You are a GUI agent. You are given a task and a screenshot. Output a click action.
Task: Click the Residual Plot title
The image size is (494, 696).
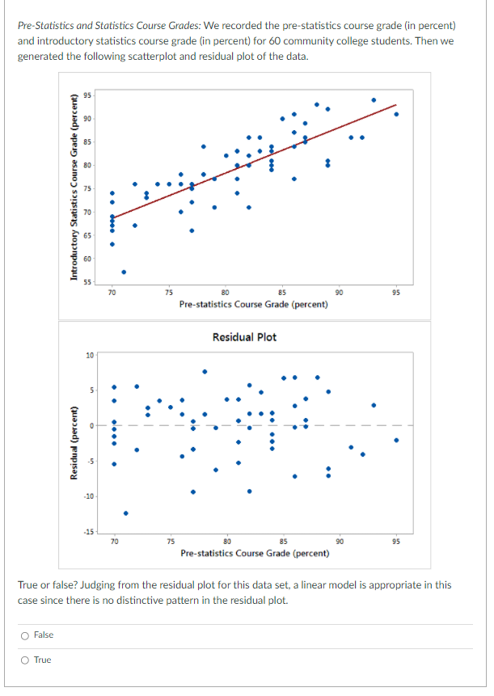tap(244, 336)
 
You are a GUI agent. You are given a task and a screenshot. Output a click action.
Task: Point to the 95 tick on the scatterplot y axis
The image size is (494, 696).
tap(90, 95)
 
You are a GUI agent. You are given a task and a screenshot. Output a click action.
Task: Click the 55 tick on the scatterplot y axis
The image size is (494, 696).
tap(90, 281)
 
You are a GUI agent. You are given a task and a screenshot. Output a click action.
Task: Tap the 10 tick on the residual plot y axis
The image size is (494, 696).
tap(91, 355)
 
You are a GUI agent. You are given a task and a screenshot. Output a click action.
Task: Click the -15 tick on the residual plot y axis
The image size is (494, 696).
tap(89, 530)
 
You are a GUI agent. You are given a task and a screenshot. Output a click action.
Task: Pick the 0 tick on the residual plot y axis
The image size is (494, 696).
tap(92, 425)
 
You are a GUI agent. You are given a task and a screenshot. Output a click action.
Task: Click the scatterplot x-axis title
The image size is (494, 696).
tap(253, 305)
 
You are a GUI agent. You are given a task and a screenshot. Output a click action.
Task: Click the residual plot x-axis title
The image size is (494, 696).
tap(255, 554)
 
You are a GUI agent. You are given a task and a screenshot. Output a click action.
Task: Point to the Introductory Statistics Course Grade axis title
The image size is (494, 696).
tap(74, 188)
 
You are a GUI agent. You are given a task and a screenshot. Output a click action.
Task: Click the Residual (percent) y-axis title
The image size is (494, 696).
tap(74, 442)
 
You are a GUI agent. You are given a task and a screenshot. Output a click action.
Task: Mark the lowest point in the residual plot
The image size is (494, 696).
tap(125, 513)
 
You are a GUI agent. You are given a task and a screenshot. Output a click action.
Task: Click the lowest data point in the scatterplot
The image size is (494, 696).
tap(124, 272)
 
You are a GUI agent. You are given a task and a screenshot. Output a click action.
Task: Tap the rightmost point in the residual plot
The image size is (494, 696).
tap(396, 441)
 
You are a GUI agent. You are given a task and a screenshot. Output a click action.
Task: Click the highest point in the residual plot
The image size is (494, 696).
tap(205, 372)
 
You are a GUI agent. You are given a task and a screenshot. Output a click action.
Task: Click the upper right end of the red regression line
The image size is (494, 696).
tap(396, 105)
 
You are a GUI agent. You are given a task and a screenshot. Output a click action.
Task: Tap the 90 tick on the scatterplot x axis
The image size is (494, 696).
tap(339, 291)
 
